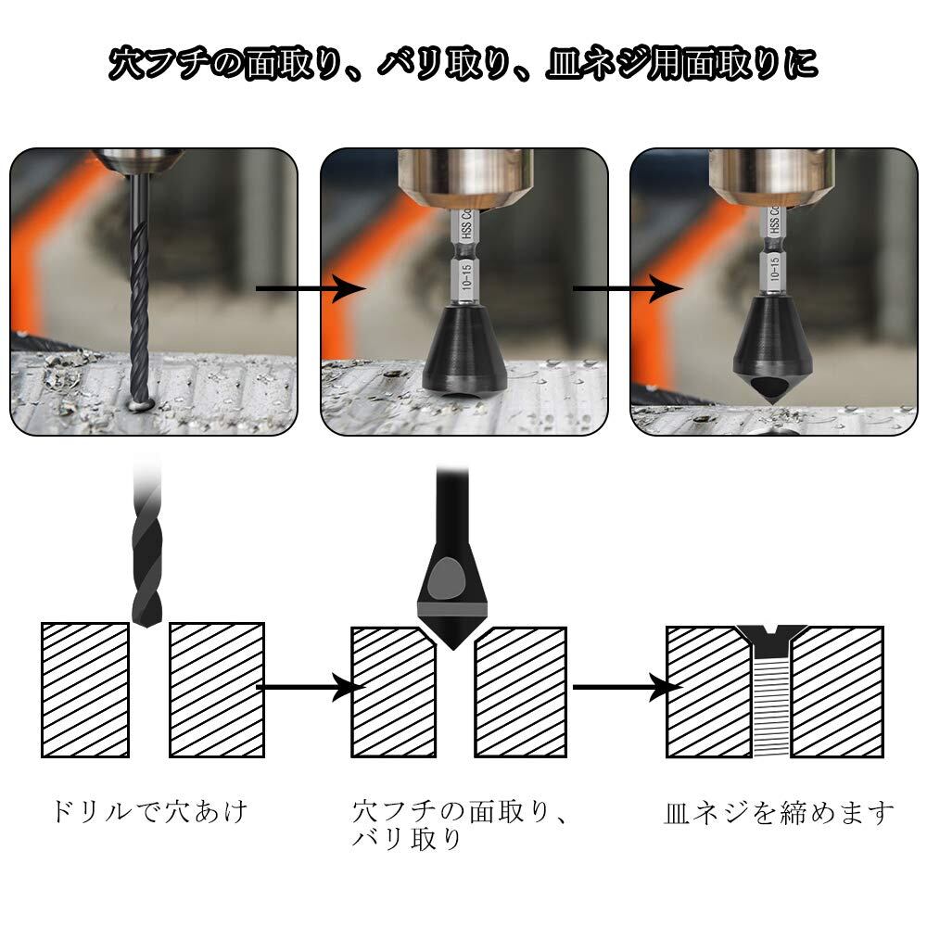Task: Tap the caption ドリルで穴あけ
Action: [149, 811]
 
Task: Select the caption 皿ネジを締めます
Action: [780, 813]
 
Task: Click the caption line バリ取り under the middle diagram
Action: [407, 840]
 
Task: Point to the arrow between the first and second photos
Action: [311, 288]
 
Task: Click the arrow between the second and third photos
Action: [628, 288]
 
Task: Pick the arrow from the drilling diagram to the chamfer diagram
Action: [311, 687]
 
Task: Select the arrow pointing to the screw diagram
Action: [628, 687]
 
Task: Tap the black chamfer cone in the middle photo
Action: [464, 350]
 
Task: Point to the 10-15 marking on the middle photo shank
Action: [466, 276]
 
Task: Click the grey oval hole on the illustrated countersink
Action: [447, 579]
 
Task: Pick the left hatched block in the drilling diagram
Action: [85, 690]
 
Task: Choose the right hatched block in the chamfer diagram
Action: [521, 692]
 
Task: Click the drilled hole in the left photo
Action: [141, 406]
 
